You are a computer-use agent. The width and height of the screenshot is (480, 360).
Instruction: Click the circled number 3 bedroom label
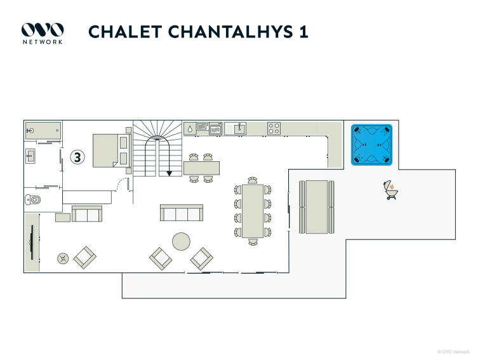pos(77,157)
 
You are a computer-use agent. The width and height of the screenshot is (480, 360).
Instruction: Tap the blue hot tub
pos(372,145)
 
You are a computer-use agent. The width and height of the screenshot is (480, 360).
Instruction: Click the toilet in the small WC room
pos(34,200)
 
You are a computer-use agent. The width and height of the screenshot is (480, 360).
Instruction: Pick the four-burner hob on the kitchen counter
pos(274,128)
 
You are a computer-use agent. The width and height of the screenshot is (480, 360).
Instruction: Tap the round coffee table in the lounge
pos(181,241)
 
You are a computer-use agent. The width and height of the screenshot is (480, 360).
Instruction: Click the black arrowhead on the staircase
pos(169,172)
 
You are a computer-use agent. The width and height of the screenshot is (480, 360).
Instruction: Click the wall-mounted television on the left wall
pos(32,242)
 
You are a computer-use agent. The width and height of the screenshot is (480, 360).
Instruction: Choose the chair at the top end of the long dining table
pos(253,180)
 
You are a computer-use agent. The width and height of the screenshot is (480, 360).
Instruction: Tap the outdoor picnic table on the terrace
pos(316,206)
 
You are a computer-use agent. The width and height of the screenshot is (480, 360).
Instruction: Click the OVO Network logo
pos(42,32)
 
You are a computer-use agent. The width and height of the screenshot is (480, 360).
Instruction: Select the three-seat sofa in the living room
pos(181,213)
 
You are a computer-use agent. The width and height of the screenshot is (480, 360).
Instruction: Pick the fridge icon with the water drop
pos(189,128)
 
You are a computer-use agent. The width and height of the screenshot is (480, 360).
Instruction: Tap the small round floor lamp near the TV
pos(63,258)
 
